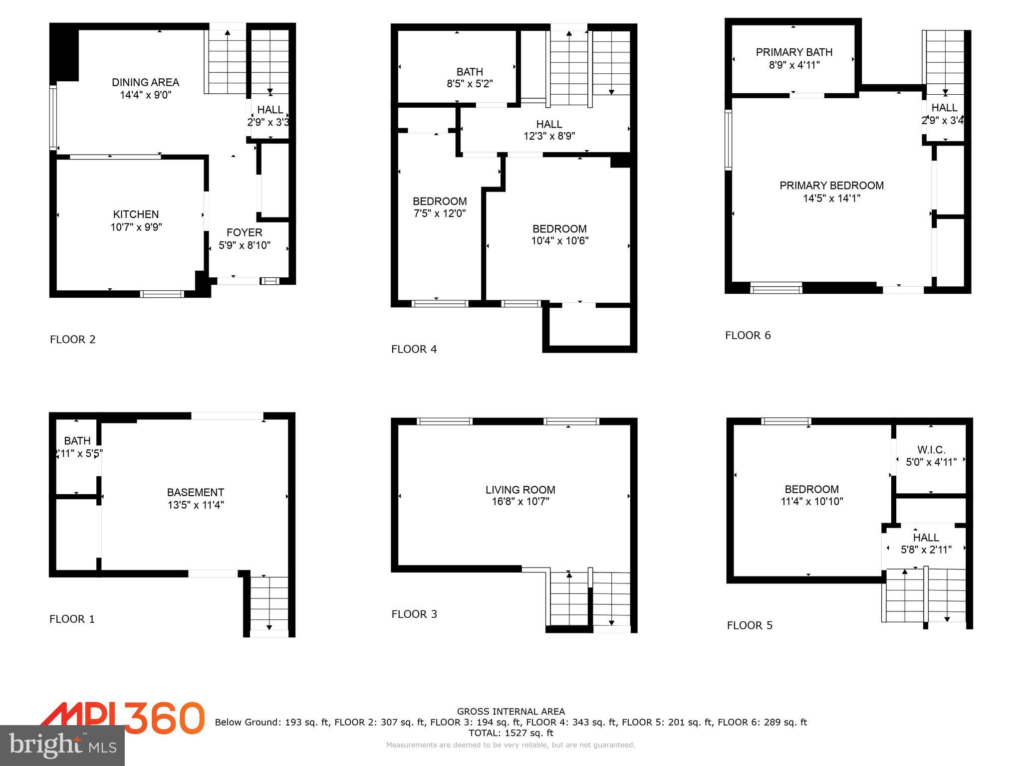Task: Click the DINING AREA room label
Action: click(x=145, y=82)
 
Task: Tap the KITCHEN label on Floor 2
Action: click(x=136, y=214)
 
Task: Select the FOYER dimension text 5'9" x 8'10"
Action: click(x=245, y=245)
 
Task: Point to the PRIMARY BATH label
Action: click(x=794, y=52)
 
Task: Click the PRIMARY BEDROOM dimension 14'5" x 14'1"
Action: click(x=831, y=198)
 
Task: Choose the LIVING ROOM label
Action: click(x=520, y=490)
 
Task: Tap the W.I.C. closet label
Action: click(x=931, y=450)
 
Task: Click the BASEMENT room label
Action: click(x=196, y=492)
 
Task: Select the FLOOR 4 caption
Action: click(x=414, y=349)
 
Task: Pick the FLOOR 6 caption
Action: click(x=748, y=335)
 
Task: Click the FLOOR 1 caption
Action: click(x=72, y=619)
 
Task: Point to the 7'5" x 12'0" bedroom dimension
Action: click(x=440, y=213)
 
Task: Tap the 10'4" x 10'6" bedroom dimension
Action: click(x=559, y=241)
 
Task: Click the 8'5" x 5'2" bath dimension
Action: click(x=470, y=84)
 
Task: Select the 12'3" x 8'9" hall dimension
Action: click(x=549, y=136)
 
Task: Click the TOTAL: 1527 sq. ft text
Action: click(x=511, y=733)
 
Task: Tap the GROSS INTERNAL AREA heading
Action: click(x=511, y=712)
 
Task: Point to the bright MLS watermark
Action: click(x=62, y=745)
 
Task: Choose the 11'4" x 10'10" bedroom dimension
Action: click(x=811, y=501)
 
